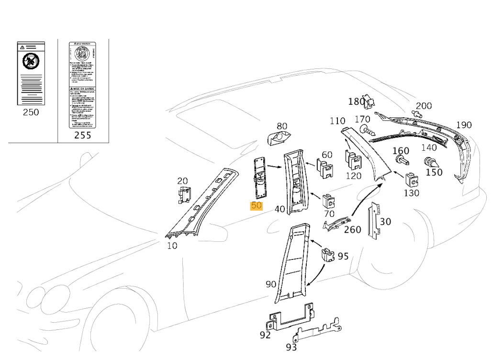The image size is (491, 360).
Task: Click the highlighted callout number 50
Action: (257, 206)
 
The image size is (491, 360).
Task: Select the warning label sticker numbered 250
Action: (31, 73)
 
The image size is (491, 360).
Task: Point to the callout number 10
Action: (172, 246)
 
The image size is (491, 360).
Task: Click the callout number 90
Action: (271, 284)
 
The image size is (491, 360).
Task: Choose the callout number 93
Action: (291, 347)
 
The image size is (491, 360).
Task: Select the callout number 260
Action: (353, 230)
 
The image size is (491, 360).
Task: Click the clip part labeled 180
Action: (368, 101)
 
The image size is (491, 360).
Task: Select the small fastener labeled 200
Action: (417, 114)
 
